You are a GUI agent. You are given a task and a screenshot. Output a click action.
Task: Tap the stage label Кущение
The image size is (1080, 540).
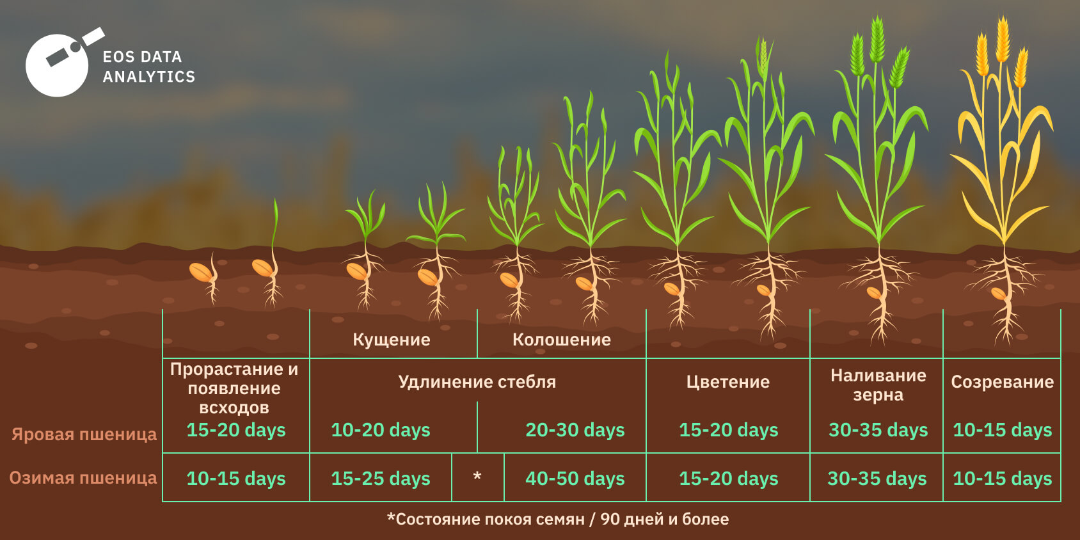point(392,340)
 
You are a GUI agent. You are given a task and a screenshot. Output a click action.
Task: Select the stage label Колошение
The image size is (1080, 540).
point(562,340)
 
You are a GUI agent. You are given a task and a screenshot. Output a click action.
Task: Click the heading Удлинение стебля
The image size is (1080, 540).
point(477,383)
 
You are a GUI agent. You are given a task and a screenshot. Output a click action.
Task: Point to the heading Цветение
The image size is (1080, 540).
point(728,383)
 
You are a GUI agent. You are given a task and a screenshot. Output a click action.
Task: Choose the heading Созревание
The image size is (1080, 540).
point(1003,383)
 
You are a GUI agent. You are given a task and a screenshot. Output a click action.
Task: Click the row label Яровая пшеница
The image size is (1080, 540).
point(84,434)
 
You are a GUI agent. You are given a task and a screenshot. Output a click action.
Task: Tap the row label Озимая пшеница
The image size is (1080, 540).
point(83,478)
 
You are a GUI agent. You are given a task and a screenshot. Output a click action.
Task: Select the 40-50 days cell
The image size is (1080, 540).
point(575,479)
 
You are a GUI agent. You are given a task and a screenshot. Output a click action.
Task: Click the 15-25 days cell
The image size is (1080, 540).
point(381,479)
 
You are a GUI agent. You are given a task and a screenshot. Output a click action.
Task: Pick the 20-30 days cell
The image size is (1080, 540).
point(575,429)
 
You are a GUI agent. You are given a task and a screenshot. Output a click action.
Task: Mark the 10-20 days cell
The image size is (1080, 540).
point(381,429)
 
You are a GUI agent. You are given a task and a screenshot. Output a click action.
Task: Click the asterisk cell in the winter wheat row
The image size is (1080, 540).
point(477,477)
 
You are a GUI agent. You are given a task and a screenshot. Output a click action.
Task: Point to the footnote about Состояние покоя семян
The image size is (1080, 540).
point(559,520)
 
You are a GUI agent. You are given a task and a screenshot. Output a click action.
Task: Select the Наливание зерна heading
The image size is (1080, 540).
point(878,385)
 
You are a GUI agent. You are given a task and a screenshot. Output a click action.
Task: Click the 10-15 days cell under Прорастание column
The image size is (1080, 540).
point(235,479)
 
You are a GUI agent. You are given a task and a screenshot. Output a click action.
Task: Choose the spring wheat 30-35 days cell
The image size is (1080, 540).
point(878,429)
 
